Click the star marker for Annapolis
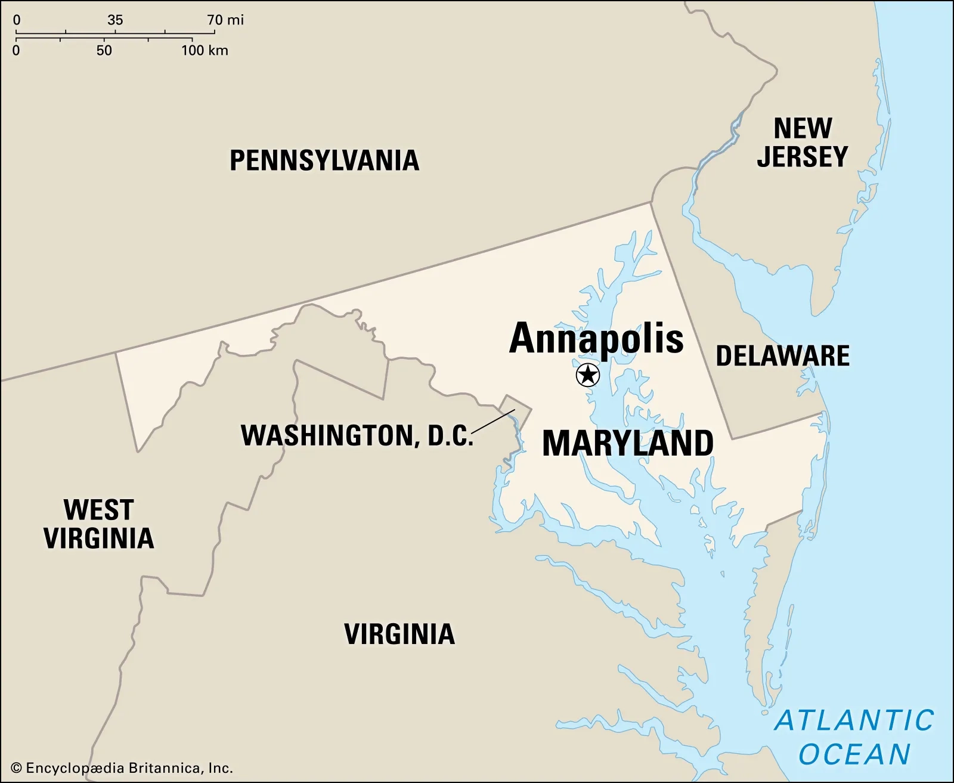[x=588, y=375]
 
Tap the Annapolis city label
[x=596, y=339]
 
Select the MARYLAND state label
[x=628, y=444]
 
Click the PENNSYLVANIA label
[x=324, y=160]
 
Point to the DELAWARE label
[x=782, y=356]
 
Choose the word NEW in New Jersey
[x=803, y=128]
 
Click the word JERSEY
[x=803, y=157]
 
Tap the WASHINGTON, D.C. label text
[x=357, y=435]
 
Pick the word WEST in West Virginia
[x=98, y=510]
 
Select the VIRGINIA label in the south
[x=399, y=634]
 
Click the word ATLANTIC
[x=854, y=720]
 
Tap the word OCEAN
[x=854, y=754]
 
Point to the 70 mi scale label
[x=225, y=20]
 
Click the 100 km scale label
[x=205, y=51]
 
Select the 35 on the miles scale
[x=115, y=20]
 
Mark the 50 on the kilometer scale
[x=104, y=51]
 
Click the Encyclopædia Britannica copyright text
[x=122, y=768]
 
